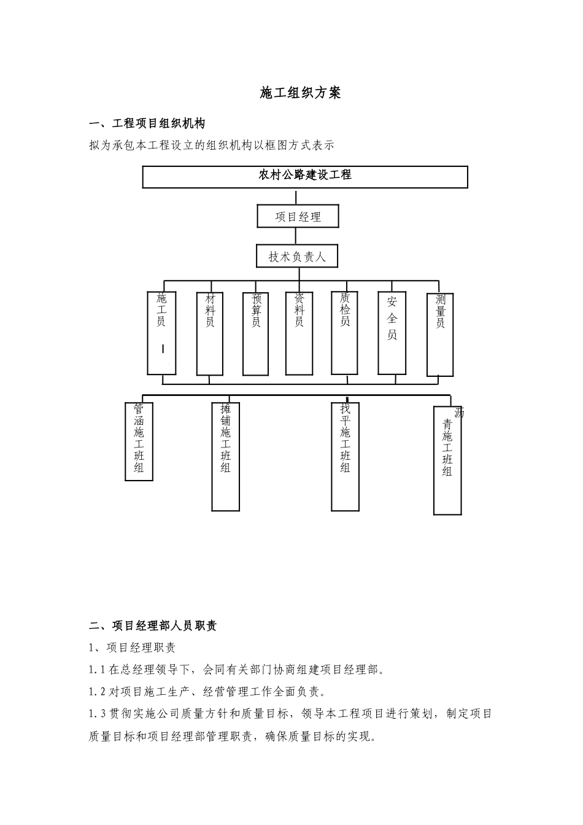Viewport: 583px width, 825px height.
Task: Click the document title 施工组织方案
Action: tap(300, 93)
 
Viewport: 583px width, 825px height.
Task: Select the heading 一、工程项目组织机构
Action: tap(147, 123)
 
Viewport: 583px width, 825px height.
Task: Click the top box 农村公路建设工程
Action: tap(305, 176)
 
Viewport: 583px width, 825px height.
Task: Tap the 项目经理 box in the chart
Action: tap(298, 217)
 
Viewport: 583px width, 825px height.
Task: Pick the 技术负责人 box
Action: tap(297, 257)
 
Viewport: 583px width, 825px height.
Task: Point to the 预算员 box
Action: tap(256, 333)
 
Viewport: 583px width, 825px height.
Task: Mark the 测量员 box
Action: tap(440, 333)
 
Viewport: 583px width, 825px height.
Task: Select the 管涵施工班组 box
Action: tap(139, 441)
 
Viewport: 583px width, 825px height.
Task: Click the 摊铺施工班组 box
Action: tap(225, 456)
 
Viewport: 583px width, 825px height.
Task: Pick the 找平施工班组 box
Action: tap(345, 456)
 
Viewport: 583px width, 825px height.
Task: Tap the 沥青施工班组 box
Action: tap(447, 460)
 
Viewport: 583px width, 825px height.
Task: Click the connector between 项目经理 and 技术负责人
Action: tap(298, 236)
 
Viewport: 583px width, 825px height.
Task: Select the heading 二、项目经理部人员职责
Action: tap(153, 626)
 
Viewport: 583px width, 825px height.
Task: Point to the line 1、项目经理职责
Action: tap(133, 648)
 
